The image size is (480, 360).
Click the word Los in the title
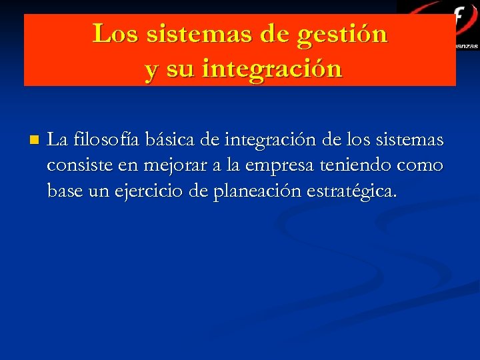coord(111,33)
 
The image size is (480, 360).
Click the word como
coord(421,166)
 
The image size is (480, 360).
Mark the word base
coord(62,192)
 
